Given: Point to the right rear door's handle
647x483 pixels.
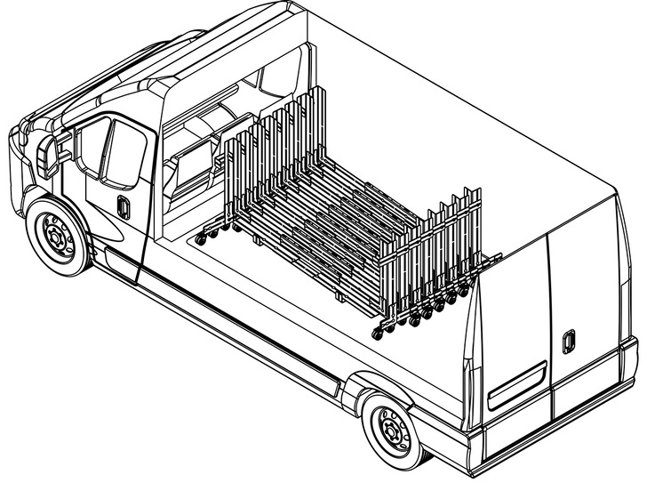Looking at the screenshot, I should (569, 340).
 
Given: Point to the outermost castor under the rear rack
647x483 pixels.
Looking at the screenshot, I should (382, 326).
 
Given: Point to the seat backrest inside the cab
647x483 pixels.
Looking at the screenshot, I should (190, 165).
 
